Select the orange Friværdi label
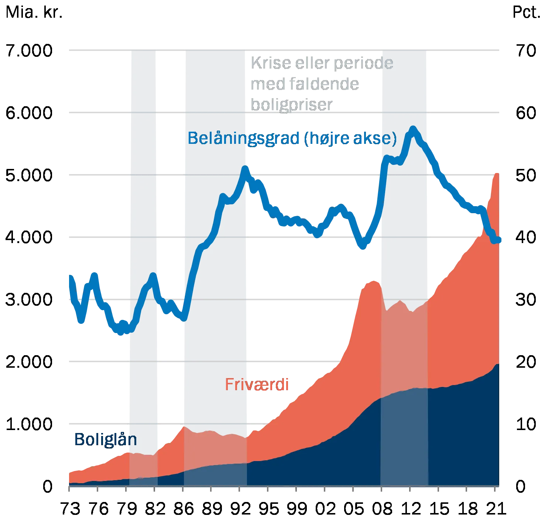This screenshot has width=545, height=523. pyautogui.click(x=257, y=385)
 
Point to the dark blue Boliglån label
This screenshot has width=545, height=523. pyautogui.click(x=105, y=439)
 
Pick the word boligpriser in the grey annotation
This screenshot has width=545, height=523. pyautogui.click(x=292, y=105)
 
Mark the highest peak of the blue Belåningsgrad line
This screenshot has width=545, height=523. pyautogui.click(x=413, y=129)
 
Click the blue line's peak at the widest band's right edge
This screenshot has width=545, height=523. pyautogui.click(x=246, y=169)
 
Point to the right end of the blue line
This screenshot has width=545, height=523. pyautogui.click(x=499, y=240)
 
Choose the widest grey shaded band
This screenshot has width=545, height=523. pyautogui.click(x=215, y=258)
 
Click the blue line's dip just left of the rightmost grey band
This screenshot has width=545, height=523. pyautogui.click(x=363, y=246)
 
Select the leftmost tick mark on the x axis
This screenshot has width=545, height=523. pyautogui.click(x=69, y=489)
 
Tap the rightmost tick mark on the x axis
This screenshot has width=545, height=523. pyautogui.click(x=495, y=489)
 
